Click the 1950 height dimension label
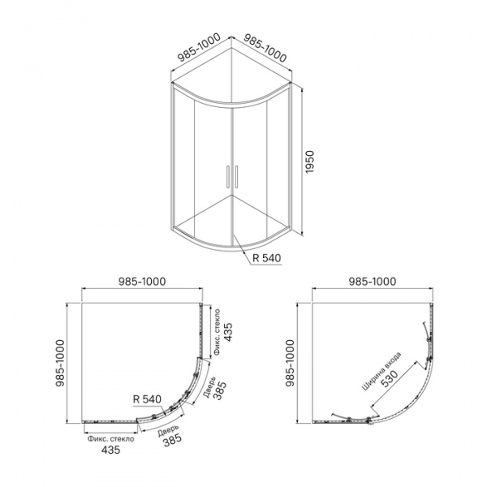pyautogui.click(x=310, y=162)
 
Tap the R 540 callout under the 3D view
pyautogui.click(x=267, y=258)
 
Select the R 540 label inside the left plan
pyautogui.click(x=147, y=399)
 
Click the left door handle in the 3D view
pyautogui.click(x=227, y=177)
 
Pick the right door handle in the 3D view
pyautogui.click(x=236, y=177)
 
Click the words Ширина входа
pyautogui.click(x=381, y=371)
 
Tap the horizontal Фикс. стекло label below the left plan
pyautogui.click(x=111, y=439)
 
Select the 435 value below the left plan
pyautogui.click(x=111, y=450)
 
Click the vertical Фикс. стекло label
pyautogui.click(x=217, y=332)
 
